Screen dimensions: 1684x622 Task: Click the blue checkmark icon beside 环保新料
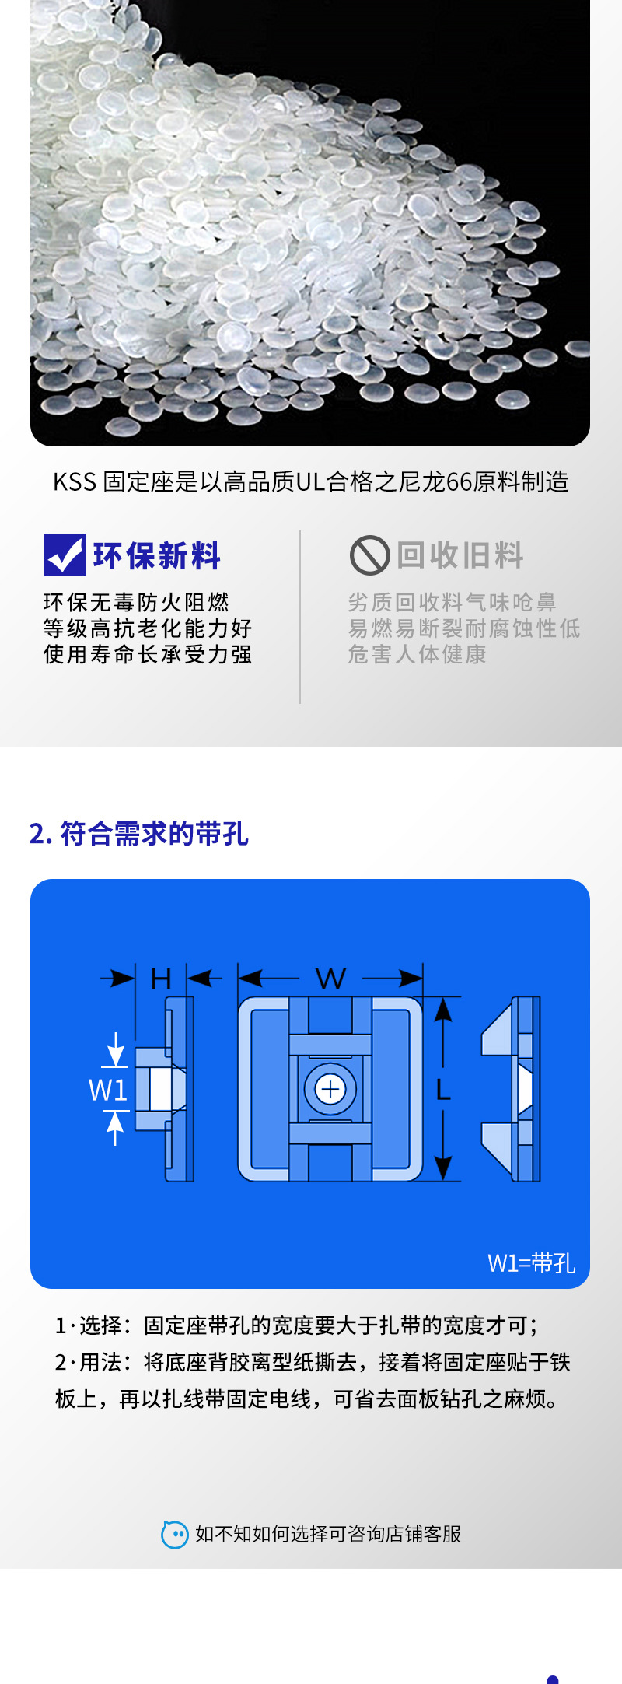pos(65,555)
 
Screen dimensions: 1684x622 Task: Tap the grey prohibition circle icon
pos(369,555)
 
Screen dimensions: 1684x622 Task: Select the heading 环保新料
pos(157,556)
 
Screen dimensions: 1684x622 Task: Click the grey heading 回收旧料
pos(460,555)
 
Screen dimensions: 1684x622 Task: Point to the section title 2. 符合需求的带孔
pos(138,834)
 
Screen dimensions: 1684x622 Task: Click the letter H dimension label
pos(161,979)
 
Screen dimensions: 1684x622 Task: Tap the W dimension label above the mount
pos(330,979)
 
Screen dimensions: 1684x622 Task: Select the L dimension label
pos(443,1090)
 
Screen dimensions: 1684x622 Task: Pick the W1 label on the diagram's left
pos(107,1091)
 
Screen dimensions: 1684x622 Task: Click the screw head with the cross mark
pos(330,1089)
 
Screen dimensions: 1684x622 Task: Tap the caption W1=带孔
pos(531,1263)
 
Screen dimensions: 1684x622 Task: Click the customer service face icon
pos(175,1534)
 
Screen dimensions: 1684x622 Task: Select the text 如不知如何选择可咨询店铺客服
pos(328,1534)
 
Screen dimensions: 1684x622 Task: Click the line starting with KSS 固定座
pos(311,482)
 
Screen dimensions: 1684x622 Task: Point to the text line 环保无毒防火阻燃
pos(136,602)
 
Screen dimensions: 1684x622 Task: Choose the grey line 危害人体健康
pos(417,654)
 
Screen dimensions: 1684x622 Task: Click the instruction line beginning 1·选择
pos(297,1325)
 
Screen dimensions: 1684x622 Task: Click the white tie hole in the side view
pos(160,1089)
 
